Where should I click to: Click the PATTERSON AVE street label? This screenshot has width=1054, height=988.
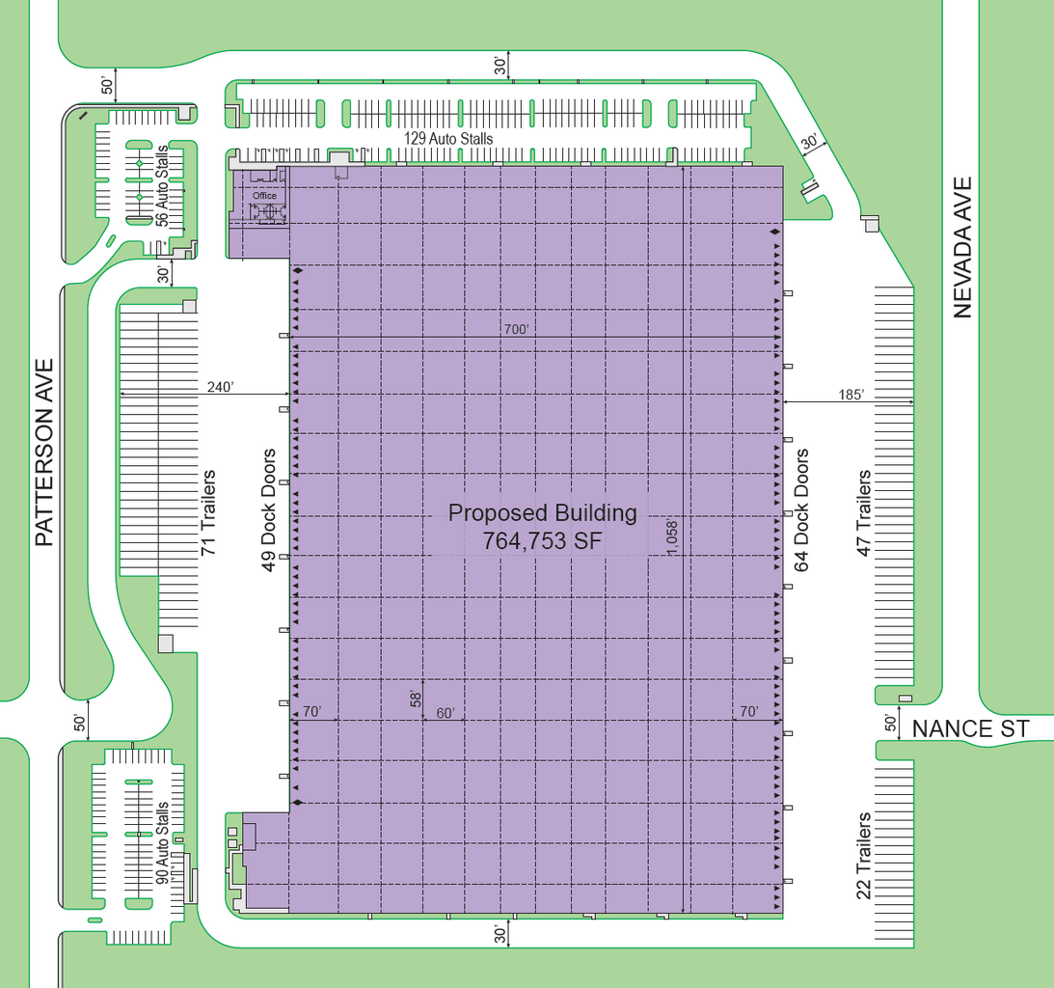pyautogui.click(x=43, y=452)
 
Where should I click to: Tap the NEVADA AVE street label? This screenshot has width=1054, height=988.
pyautogui.click(x=962, y=247)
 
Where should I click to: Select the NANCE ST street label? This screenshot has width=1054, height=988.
pyautogui.click(x=970, y=729)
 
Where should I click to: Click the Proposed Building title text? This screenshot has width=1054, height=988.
pyautogui.click(x=543, y=513)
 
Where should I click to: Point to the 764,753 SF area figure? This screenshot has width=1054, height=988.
pyautogui.click(x=542, y=540)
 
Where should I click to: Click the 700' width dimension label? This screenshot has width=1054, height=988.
pyautogui.click(x=516, y=329)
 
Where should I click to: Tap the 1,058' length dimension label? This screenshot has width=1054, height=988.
pyautogui.click(x=672, y=536)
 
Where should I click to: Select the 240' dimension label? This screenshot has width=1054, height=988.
pyautogui.click(x=221, y=387)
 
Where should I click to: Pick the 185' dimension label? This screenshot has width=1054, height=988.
pyautogui.click(x=851, y=395)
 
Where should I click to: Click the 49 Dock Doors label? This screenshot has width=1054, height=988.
pyautogui.click(x=268, y=509)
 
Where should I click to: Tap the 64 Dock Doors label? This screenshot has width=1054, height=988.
pyautogui.click(x=801, y=509)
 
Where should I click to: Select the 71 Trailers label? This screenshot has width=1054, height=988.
pyautogui.click(x=208, y=512)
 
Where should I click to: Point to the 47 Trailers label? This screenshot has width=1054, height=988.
pyautogui.click(x=864, y=513)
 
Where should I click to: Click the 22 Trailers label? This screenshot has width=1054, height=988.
pyautogui.click(x=864, y=856)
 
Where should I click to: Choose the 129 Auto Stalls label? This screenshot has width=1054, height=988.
pyautogui.click(x=448, y=139)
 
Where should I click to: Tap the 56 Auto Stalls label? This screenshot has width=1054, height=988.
pyautogui.click(x=162, y=185)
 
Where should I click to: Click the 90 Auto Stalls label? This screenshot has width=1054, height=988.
pyautogui.click(x=162, y=842)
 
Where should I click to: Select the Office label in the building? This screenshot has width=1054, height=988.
pyautogui.click(x=265, y=196)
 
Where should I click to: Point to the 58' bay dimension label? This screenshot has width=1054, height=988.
pyautogui.click(x=416, y=700)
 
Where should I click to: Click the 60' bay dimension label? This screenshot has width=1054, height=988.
pyautogui.click(x=446, y=713)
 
